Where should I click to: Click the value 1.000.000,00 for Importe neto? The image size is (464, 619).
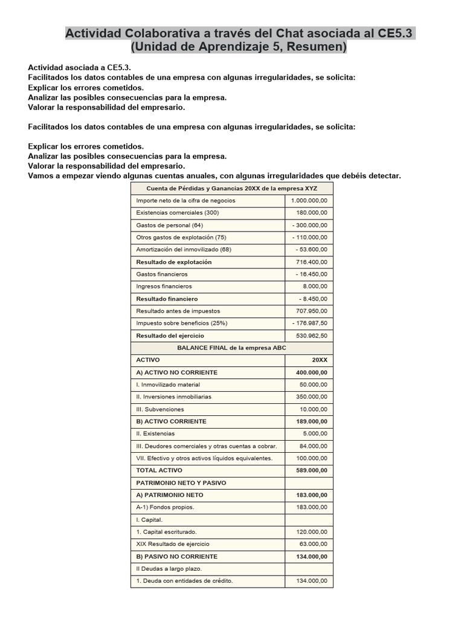click(309, 200)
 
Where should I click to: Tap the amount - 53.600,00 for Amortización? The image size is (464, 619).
click(311, 249)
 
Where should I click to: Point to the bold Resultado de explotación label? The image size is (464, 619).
click(174, 262)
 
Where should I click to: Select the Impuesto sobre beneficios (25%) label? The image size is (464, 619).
click(182, 323)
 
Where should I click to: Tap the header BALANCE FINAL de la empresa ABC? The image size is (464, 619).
click(231, 348)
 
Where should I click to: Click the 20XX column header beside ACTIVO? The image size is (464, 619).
click(320, 360)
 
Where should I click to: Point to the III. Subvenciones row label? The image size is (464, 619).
click(160, 409)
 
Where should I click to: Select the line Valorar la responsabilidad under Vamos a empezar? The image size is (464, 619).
click(106, 166)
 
